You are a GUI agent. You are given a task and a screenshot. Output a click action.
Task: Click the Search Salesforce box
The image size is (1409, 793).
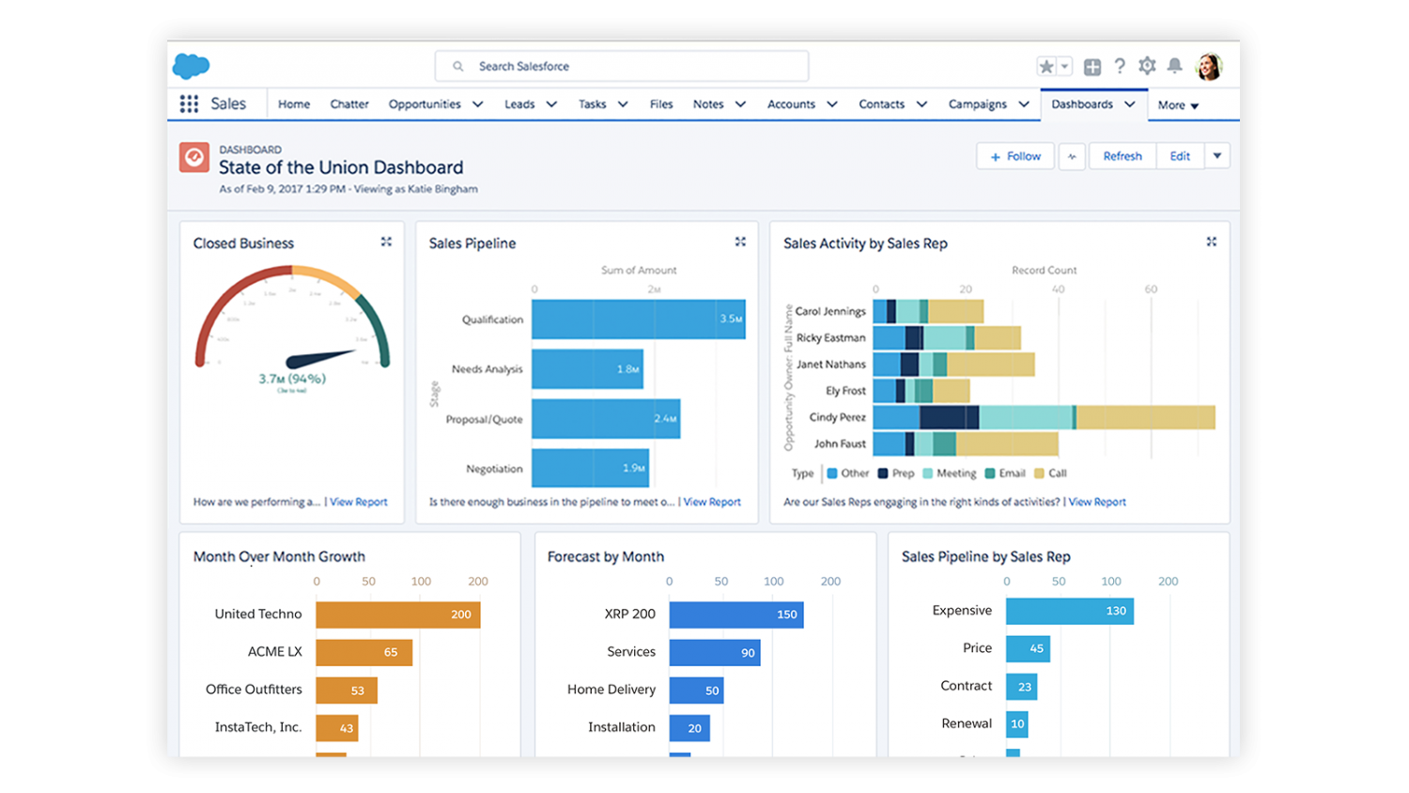click(621, 67)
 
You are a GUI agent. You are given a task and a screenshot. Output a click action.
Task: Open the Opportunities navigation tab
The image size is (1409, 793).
click(425, 104)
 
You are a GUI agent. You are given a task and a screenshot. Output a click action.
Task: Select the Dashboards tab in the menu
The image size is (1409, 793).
click(1082, 104)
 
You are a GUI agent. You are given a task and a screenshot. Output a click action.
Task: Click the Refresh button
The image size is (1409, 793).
click(1123, 156)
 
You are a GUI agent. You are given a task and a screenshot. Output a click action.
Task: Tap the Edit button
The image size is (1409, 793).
click(1180, 156)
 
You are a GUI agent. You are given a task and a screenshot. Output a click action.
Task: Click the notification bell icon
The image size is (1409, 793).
click(1174, 66)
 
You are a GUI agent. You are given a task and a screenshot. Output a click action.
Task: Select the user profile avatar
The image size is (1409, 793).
click(1209, 67)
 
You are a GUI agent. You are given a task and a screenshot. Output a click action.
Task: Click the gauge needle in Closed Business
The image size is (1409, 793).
click(320, 358)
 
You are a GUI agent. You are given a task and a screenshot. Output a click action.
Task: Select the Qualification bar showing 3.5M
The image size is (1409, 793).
click(638, 319)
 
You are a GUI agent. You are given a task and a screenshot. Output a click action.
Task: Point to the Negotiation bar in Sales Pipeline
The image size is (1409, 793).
click(590, 468)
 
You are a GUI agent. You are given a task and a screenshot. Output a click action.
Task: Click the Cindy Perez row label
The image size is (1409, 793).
click(837, 417)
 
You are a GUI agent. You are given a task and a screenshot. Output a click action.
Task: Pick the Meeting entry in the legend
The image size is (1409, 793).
click(955, 474)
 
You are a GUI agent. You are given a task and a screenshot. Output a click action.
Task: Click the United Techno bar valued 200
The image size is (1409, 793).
click(397, 614)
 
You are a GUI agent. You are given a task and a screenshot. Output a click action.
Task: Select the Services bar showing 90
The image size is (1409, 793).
click(714, 652)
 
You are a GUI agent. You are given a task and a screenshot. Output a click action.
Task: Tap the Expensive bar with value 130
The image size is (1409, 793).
click(1069, 611)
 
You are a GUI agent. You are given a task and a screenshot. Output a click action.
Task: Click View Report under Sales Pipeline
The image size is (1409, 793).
click(712, 502)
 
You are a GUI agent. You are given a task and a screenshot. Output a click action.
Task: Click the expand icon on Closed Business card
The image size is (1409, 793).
click(386, 242)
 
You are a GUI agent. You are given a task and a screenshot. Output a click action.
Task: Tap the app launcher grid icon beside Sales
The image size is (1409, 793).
click(189, 104)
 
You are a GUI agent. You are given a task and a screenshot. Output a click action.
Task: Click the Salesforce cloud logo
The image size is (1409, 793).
click(191, 66)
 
